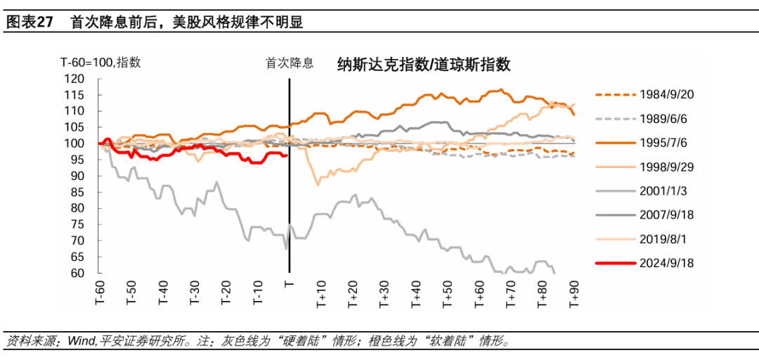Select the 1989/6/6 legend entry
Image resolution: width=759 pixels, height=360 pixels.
coord(665,119)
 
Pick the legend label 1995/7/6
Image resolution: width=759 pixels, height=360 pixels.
coord(665,143)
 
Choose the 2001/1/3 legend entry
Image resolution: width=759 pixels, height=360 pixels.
coord(665,191)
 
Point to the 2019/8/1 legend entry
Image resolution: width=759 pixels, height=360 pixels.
coord(665,239)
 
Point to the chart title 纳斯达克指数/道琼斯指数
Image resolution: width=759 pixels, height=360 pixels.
coord(423,65)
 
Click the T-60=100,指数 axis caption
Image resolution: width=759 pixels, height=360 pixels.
coord(100,62)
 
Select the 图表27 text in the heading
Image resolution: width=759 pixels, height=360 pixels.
coord(30,22)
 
